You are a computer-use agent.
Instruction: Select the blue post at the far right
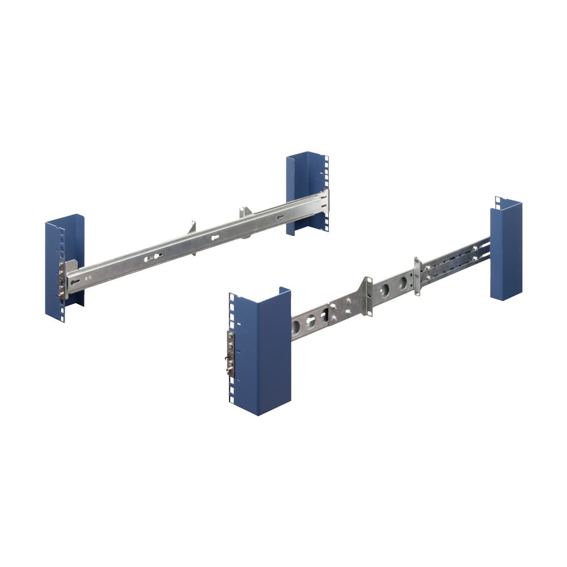[506, 249]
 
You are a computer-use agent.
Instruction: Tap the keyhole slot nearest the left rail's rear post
[280, 218]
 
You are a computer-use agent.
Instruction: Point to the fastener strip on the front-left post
[61, 278]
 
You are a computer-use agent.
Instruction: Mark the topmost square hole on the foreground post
[231, 297]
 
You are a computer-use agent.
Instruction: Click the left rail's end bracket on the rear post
[324, 201]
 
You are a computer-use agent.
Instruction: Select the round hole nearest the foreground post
[296, 327]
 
